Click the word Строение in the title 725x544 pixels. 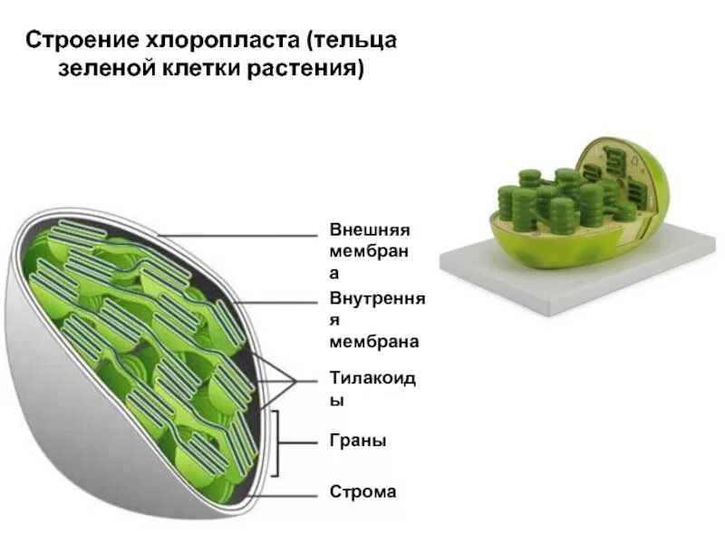click(76, 42)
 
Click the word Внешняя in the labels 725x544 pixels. click(370, 230)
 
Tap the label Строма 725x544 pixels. click(362, 492)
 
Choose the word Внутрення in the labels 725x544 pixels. click(377, 299)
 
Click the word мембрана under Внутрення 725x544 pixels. click(373, 342)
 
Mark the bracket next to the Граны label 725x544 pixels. click(286, 442)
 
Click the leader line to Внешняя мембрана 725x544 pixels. click(245, 236)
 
